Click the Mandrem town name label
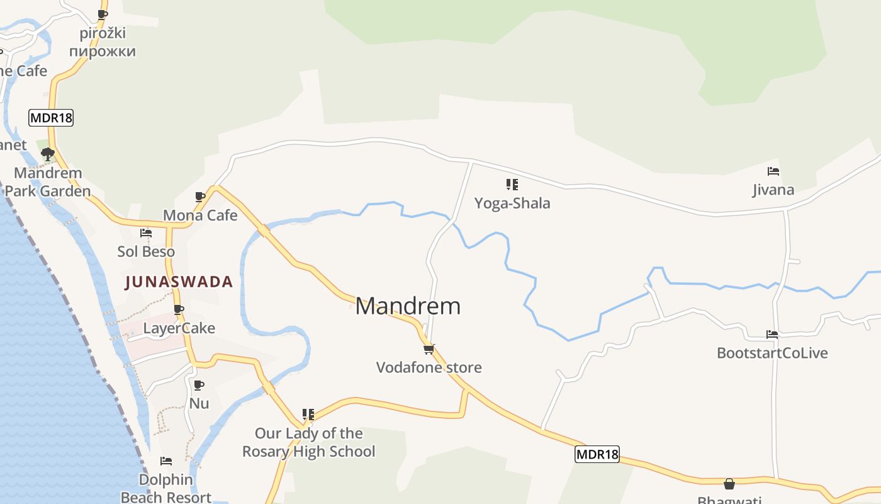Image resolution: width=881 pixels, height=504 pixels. click(x=408, y=306)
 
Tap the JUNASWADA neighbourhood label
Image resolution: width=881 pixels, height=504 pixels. click(x=179, y=282)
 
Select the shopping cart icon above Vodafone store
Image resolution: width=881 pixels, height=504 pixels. click(x=429, y=348)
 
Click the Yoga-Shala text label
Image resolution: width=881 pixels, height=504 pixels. click(x=512, y=203)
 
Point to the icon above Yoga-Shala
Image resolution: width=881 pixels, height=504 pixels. click(x=512, y=185)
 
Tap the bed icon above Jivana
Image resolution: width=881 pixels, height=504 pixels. click(x=773, y=171)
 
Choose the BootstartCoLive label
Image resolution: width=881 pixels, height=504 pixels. click(x=772, y=353)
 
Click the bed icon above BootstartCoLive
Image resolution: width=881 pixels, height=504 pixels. click(x=772, y=335)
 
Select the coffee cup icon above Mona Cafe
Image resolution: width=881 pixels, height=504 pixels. click(x=200, y=197)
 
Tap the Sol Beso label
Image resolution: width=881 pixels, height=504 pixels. click(x=146, y=251)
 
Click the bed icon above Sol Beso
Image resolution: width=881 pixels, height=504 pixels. click(x=146, y=233)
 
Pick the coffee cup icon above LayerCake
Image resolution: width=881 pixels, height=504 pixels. click(x=179, y=309)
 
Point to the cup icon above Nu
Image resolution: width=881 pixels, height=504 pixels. click(x=199, y=385)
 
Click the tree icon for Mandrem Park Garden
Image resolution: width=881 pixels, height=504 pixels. click(x=47, y=154)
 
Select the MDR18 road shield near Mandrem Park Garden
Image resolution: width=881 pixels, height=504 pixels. click(x=51, y=117)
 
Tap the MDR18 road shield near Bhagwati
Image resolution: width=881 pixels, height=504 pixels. click(x=597, y=454)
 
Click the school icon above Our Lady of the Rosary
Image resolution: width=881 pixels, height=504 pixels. click(x=308, y=415)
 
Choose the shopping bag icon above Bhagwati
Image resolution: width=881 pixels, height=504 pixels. click(x=729, y=484)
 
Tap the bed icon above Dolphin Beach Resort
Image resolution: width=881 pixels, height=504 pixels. click(x=166, y=461)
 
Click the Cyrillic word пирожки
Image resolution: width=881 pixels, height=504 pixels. click(x=103, y=51)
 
